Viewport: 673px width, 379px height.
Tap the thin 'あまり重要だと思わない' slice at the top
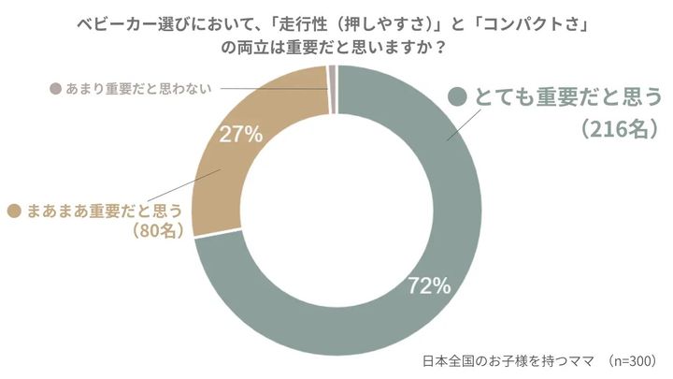332,80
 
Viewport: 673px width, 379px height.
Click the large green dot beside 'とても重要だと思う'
457,97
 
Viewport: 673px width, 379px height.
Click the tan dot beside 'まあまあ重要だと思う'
14,211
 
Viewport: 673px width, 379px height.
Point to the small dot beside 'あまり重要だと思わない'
53,89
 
